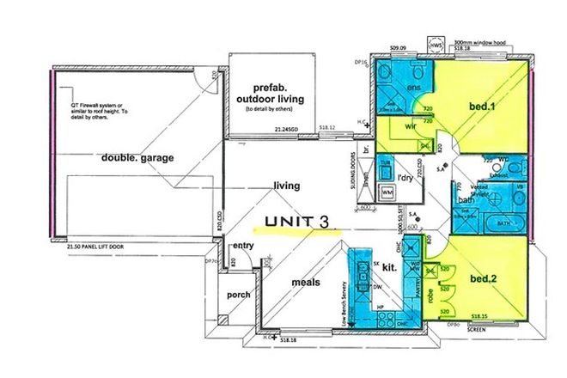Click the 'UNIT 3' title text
[297, 222]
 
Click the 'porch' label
[238, 295]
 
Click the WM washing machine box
[387, 194]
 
